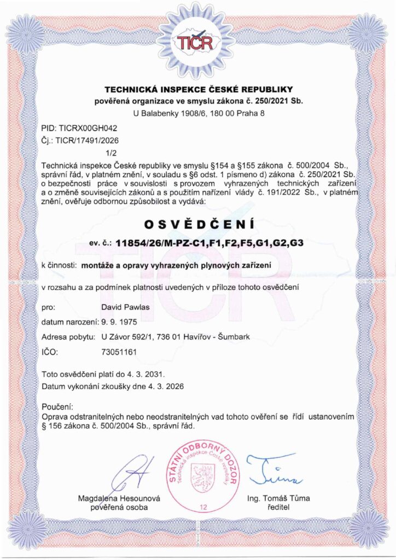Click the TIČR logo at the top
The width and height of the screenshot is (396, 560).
pyautogui.click(x=197, y=41)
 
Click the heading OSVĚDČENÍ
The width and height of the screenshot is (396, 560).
pyautogui.click(x=197, y=224)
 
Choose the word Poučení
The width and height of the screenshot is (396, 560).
pyautogui.click(x=57, y=407)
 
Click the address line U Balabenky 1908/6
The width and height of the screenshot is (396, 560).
pyautogui.click(x=199, y=114)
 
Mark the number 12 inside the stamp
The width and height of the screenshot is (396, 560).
pyautogui.click(x=203, y=508)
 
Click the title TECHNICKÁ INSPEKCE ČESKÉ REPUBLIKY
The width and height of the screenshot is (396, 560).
pyautogui.click(x=199, y=89)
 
